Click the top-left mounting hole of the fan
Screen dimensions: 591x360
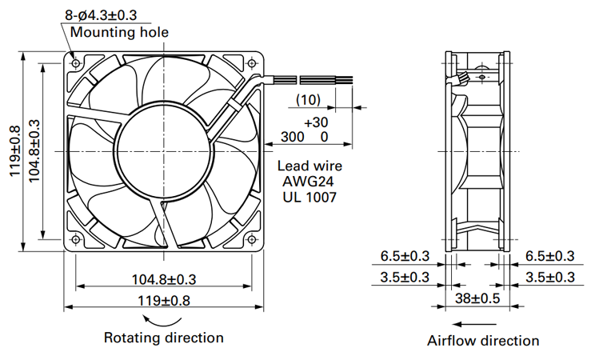(x=76, y=63)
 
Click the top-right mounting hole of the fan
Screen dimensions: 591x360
(x=251, y=63)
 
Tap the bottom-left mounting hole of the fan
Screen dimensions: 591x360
(x=76, y=239)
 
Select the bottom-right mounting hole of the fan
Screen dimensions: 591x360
(x=251, y=239)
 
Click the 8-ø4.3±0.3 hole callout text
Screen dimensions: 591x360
(x=101, y=15)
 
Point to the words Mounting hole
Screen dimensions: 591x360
(x=119, y=32)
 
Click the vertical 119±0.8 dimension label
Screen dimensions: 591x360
(x=14, y=151)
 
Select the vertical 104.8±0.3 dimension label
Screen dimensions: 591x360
(x=34, y=150)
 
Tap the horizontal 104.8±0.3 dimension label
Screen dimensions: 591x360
(x=164, y=280)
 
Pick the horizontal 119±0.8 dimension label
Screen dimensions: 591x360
(x=164, y=301)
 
